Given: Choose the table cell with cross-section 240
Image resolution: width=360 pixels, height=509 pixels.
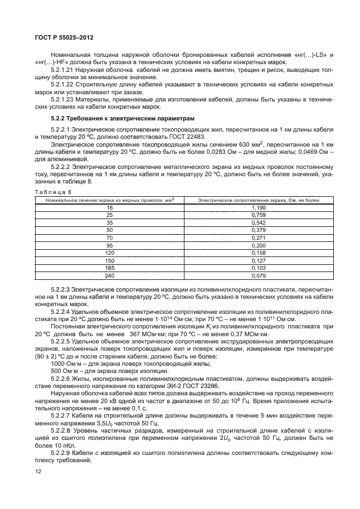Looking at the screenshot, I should (x=109, y=275).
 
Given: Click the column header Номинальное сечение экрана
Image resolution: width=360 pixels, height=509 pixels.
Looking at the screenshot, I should (x=109, y=198).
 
